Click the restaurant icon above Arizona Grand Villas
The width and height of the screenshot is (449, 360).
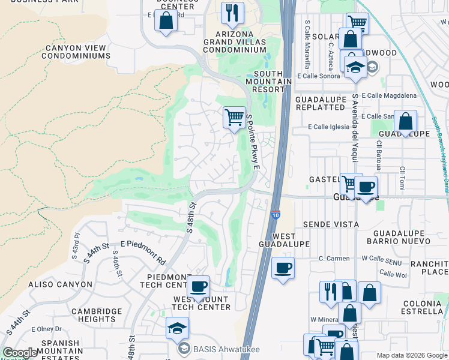pyautogui.click(x=232, y=13)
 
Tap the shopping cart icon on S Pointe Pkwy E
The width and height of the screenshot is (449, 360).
pyautogui.click(x=234, y=116)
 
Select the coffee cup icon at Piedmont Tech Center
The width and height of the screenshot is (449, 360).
pyautogui.click(x=199, y=286)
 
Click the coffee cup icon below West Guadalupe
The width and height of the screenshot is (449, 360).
pyautogui.click(x=283, y=267)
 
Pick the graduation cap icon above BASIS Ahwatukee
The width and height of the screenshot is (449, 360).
pyautogui.click(x=177, y=328)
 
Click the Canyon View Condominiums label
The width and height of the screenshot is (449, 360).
pyautogui.click(x=76, y=52)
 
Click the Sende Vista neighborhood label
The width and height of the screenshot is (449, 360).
pyautogui.click(x=331, y=224)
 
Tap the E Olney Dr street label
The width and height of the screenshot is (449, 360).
pyautogui.click(x=50, y=329)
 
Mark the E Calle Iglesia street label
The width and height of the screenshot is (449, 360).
pyautogui.click(x=328, y=127)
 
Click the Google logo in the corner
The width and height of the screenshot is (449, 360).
pyautogui.click(x=20, y=353)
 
